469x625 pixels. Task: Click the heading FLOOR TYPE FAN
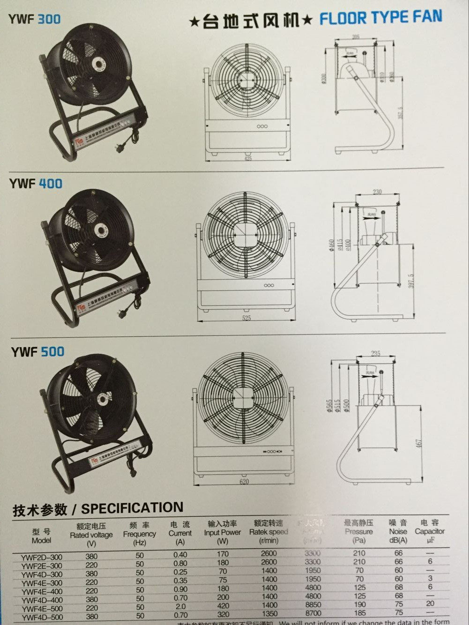[x=380, y=18]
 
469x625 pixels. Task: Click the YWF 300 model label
[x=34, y=19]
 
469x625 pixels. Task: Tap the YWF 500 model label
[x=37, y=351]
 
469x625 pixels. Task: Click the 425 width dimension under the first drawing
[x=248, y=159]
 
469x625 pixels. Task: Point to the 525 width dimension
[x=247, y=318]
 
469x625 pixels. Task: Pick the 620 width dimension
[x=244, y=482]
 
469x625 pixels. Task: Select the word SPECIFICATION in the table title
[x=132, y=508]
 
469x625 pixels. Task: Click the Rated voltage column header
[x=91, y=535]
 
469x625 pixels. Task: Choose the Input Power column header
[x=222, y=532]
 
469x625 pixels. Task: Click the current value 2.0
[x=180, y=605]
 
